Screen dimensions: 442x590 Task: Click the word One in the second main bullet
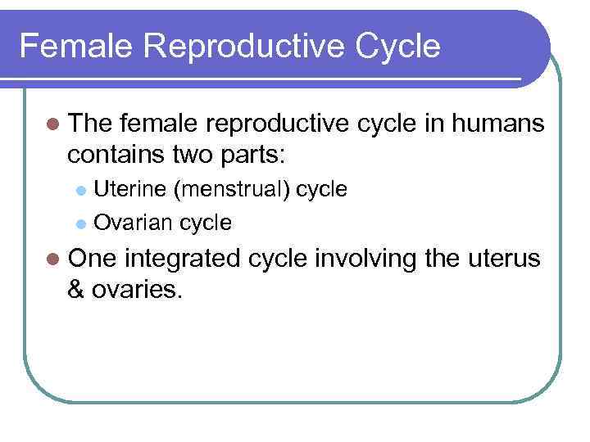[93, 259]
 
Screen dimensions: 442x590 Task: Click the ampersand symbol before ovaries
[78, 289]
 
